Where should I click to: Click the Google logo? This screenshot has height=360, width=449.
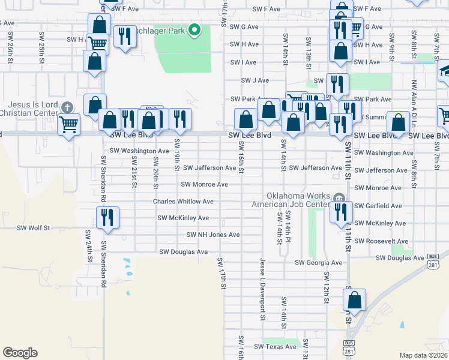point(20,353)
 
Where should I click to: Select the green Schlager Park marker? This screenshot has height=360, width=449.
point(194,29)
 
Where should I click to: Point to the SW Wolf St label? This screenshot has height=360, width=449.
point(33,228)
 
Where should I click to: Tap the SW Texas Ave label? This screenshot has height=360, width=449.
point(276,347)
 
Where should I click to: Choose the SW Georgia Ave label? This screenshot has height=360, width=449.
point(318,263)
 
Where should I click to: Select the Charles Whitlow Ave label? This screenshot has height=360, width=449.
point(183,202)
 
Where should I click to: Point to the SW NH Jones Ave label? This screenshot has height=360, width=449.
point(213,235)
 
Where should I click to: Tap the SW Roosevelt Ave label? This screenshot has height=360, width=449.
point(382,241)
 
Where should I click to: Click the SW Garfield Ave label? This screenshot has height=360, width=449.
point(378,206)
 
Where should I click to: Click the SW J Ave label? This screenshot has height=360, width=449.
point(255,80)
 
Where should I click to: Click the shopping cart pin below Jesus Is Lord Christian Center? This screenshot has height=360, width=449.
point(68,125)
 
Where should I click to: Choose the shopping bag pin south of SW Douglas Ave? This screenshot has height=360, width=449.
point(354,299)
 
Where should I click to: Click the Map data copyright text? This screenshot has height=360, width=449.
point(424,355)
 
